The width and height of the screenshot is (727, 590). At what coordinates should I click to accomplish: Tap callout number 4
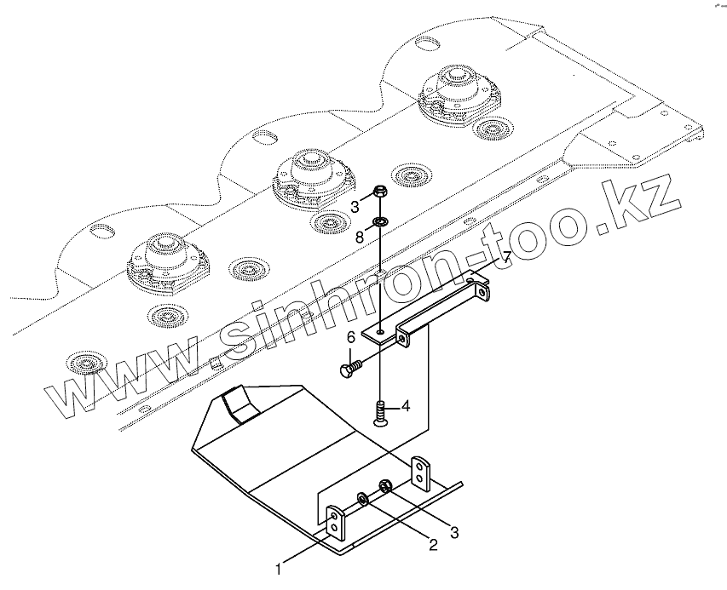(x=406, y=407)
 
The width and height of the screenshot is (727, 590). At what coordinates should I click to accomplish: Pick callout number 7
(x=505, y=257)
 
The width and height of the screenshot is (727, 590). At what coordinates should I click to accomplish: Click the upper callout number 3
(x=354, y=205)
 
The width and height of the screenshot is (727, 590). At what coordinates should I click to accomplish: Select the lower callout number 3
(x=453, y=533)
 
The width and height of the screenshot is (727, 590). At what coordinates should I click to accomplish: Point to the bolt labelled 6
(x=349, y=369)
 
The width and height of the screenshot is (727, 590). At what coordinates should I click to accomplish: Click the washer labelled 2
(x=364, y=497)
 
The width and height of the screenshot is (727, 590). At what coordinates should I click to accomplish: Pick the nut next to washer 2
(x=384, y=487)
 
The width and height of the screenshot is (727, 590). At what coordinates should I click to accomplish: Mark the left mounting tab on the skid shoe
(x=337, y=526)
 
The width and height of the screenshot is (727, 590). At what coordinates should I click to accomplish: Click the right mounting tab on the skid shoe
(x=423, y=475)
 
